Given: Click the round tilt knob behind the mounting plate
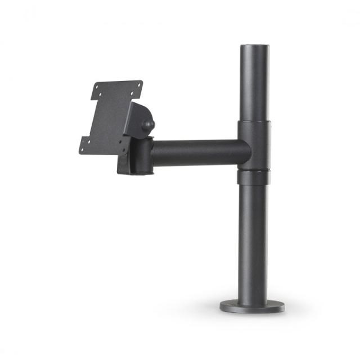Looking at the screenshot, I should click(148, 125).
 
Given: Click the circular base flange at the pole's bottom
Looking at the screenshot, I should click(253, 307).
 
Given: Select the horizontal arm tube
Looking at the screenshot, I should click(197, 152).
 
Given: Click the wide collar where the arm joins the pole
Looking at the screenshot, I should click(254, 144).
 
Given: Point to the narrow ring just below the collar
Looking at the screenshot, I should click(253, 177).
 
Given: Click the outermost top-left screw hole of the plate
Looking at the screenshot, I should click(97, 89).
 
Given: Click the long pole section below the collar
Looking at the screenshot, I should click(253, 242).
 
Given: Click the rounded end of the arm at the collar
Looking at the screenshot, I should click(245, 152).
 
